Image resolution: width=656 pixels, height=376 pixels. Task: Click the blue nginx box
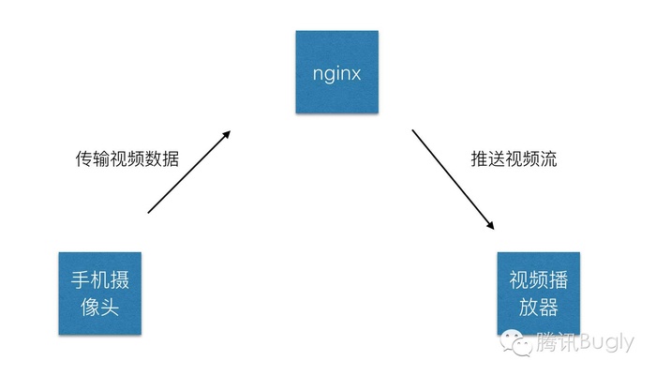click(x=337, y=71)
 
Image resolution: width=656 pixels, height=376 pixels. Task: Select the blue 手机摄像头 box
click(x=100, y=293)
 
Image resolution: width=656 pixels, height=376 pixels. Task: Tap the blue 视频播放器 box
click(x=539, y=293)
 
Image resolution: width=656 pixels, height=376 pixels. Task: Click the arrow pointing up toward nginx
click(x=189, y=172)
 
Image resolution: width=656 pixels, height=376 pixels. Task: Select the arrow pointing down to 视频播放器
click(x=453, y=180)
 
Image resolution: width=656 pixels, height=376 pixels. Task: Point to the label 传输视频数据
click(x=127, y=159)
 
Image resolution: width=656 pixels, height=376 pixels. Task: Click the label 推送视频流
click(x=514, y=159)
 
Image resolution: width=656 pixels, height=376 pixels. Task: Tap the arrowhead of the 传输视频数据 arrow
click(x=227, y=135)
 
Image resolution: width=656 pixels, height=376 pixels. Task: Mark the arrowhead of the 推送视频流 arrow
click(x=490, y=225)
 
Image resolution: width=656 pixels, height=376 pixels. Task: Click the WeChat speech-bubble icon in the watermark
click(x=515, y=342)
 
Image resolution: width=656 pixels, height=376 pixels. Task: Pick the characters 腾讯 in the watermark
click(x=557, y=342)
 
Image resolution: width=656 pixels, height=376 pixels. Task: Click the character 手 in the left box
click(x=80, y=279)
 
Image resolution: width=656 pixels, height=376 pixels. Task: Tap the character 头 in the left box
click(x=110, y=307)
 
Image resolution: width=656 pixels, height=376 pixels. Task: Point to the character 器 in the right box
click(x=548, y=307)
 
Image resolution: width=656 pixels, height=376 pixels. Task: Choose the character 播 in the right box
click(x=559, y=279)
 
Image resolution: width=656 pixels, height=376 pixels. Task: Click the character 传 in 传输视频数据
click(x=84, y=159)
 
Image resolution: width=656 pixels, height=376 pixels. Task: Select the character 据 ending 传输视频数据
click(x=171, y=159)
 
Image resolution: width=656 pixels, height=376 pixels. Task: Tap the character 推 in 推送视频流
click(x=480, y=159)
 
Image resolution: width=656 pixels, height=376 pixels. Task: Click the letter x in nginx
click(x=355, y=74)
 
